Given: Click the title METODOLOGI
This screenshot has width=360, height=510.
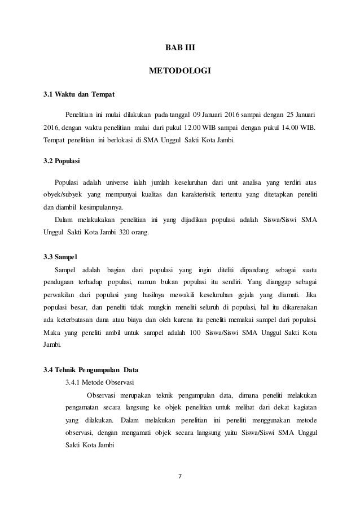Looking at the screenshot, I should click(x=179, y=72).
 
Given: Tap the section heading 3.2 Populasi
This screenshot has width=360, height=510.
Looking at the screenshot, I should click(x=62, y=162).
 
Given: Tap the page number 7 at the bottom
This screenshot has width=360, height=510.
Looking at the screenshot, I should click(x=179, y=474).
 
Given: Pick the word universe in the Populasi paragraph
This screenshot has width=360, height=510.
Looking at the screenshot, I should click(x=115, y=182).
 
